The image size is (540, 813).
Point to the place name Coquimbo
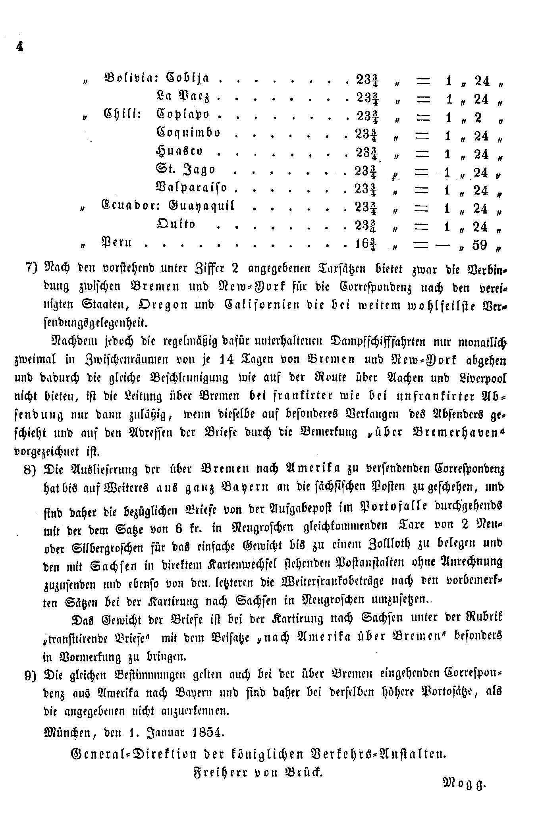188,133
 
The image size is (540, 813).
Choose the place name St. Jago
185,170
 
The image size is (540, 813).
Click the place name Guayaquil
202,206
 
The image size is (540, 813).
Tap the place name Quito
176,225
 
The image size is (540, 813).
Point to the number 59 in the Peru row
480,245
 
